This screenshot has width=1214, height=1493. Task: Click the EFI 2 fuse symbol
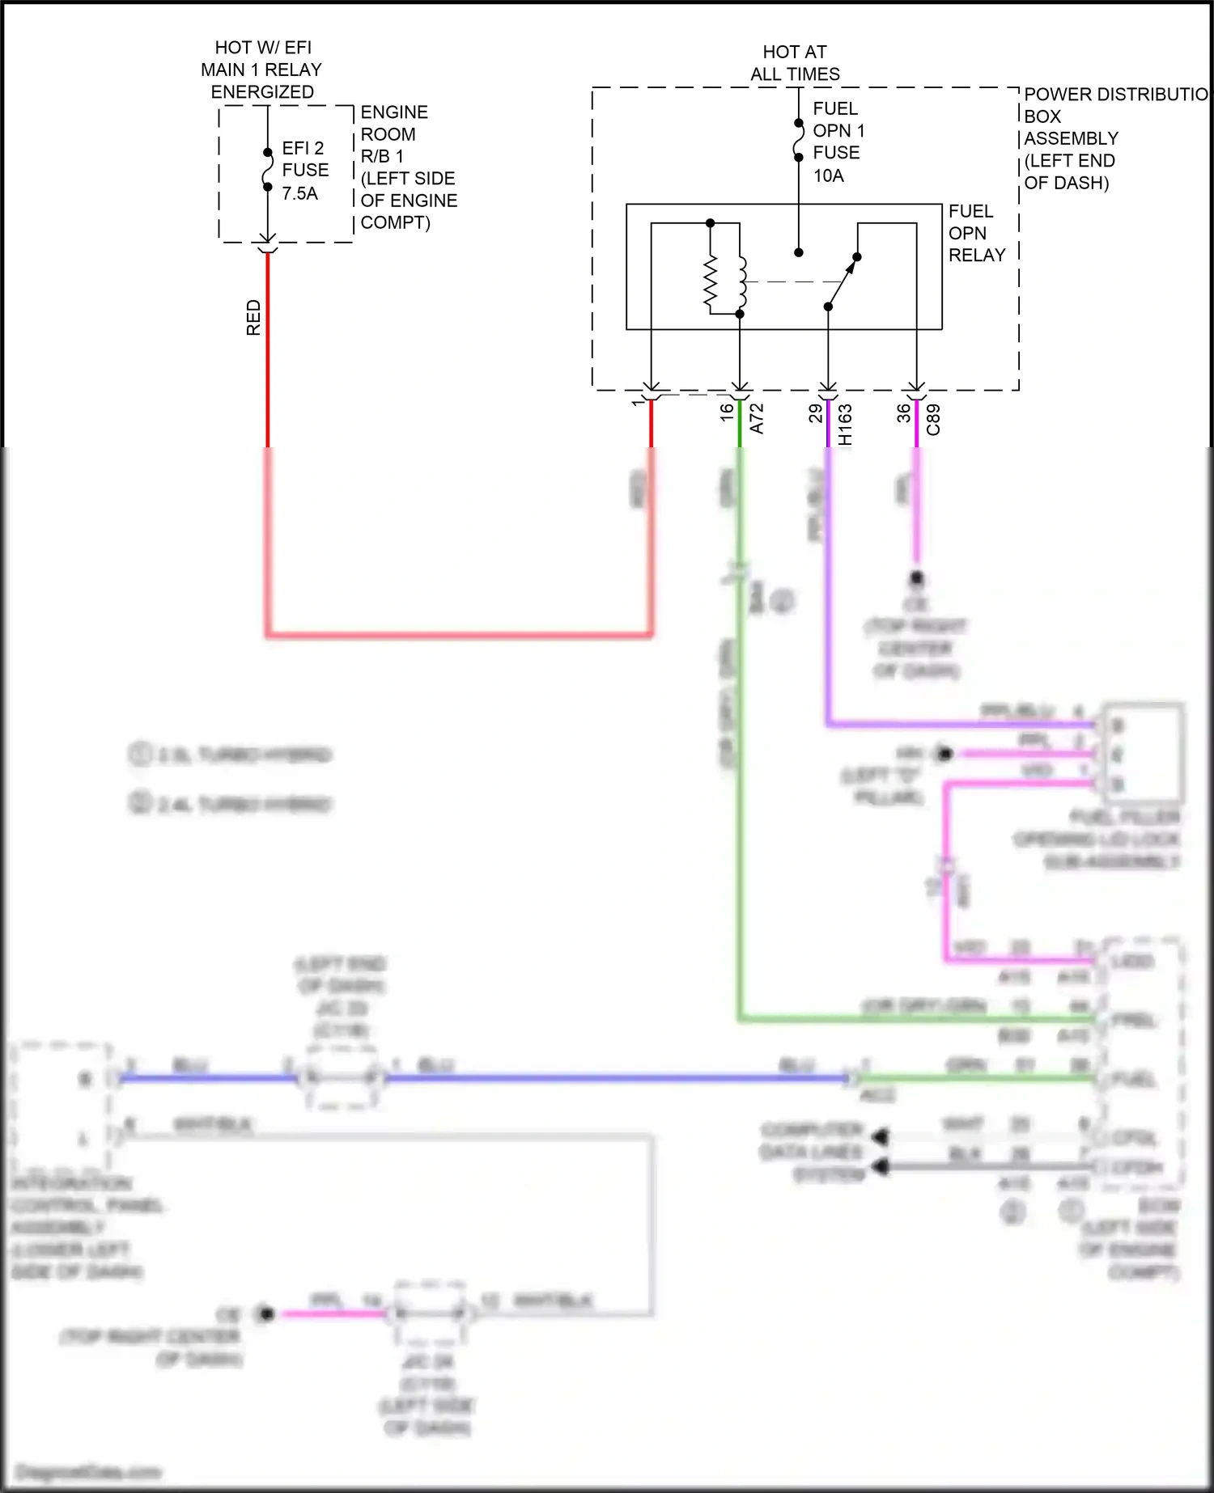coord(267,170)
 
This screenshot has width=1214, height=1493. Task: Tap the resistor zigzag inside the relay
coord(711,284)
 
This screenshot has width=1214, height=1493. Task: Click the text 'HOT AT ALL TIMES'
coord(794,63)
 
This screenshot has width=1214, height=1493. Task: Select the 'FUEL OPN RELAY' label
coord(976,233)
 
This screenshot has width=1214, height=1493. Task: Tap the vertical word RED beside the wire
coord(253,317)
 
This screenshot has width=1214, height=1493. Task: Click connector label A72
coord(757,419)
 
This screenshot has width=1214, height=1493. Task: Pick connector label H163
coord(845,425)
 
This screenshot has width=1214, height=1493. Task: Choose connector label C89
coord(933,420)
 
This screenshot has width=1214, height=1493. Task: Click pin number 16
coord(727,411)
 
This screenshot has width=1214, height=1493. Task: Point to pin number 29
coord(815,412)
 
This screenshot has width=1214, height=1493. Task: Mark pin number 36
coord(903,412)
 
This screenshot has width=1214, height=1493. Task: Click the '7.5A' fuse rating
coord(299,193)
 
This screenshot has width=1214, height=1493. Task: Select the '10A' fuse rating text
coord(828,176)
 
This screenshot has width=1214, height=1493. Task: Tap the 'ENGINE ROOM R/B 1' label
coord(393,134)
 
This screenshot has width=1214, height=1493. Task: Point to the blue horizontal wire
coord(615,1078)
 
